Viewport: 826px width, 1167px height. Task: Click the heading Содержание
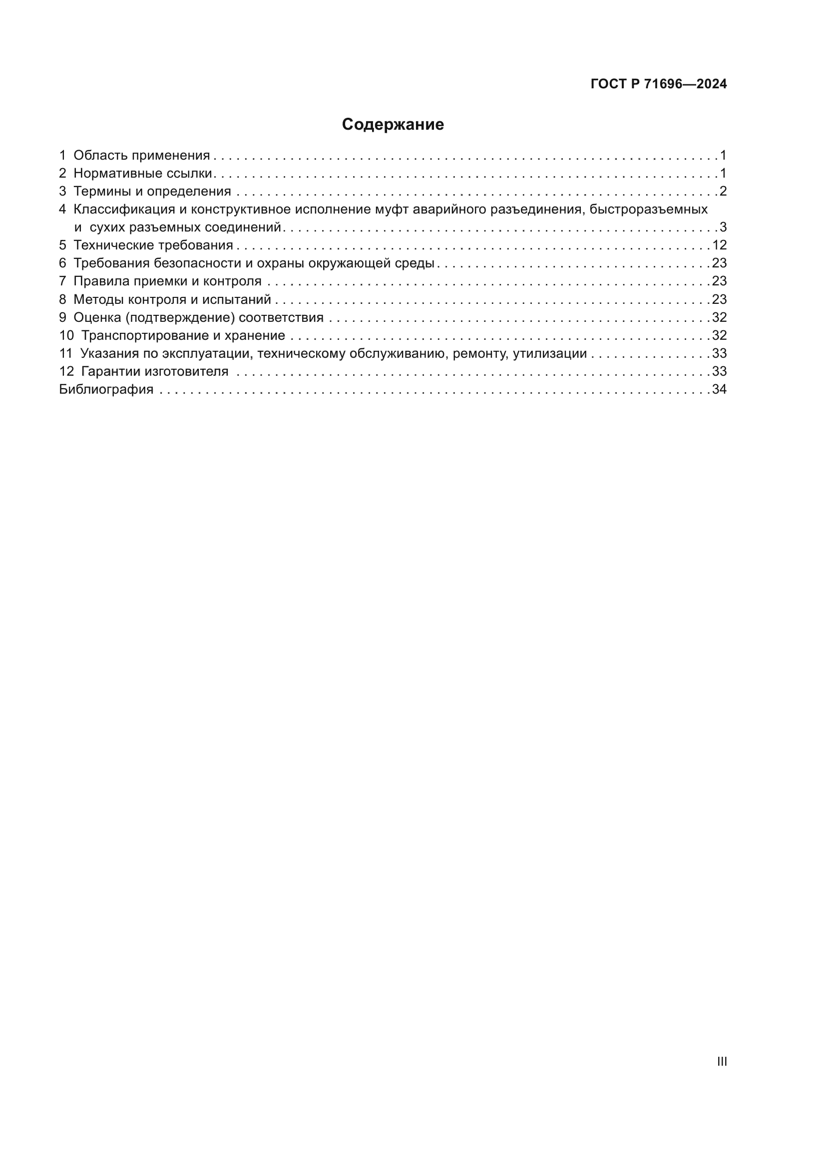[x=393, y=125]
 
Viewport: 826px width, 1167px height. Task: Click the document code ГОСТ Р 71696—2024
[x=659, y=84]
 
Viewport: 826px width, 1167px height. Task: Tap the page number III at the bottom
[x=722, y=1061]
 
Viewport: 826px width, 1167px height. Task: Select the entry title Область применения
[x=141, y=156]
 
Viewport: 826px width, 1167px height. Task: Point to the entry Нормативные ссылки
[x=142, y=173]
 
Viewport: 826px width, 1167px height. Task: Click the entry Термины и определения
[x=152, y=192]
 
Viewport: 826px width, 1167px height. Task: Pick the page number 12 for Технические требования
[x=719, y=245]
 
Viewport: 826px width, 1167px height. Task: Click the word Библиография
[x=106, y=389]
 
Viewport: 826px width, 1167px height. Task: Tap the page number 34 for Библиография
[x=719, y=389]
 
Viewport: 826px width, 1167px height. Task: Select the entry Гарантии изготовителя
[x=155, y=372]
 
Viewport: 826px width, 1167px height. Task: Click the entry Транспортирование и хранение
[x=183, y=335]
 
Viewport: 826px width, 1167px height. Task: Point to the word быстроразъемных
[x=649, y=210]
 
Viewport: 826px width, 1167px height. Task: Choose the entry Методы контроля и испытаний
[x=172, y=299]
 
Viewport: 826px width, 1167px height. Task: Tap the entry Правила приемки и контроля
[x=167, y=281]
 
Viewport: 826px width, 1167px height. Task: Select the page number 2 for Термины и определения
[x=723, y=192]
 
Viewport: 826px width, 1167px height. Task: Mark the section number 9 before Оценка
[x=62, y=318]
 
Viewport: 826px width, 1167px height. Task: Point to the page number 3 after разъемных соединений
[x=723, y=227]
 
